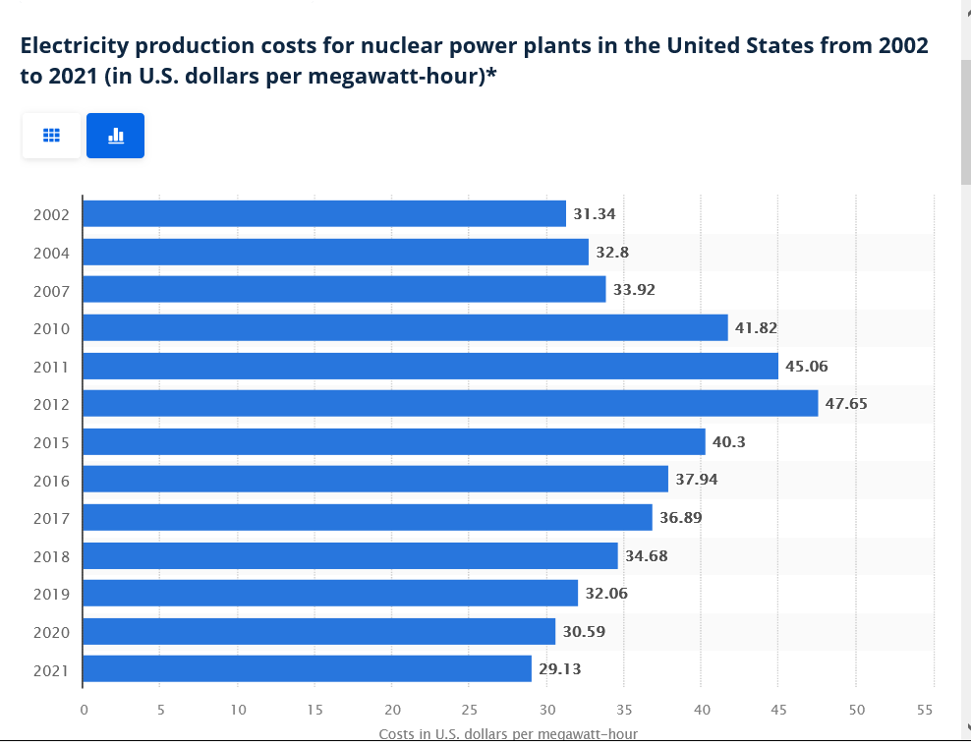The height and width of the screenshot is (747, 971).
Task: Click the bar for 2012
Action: [x=450, y=403]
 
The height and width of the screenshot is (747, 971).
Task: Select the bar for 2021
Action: [x=307, y=669]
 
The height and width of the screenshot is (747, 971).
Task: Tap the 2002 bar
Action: [x=324, y=213]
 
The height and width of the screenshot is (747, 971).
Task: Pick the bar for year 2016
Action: [x=375, y=479]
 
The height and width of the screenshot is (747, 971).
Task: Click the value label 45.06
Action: [x=807, y=366]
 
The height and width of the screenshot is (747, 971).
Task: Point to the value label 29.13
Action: [x=560, y=669]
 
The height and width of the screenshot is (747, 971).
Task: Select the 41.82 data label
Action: [x=757, y=327]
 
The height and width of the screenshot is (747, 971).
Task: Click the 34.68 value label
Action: [x=647, y=555]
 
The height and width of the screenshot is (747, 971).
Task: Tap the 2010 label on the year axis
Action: [x=50, y=328]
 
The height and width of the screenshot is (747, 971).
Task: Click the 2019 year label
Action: [x=50, y=594]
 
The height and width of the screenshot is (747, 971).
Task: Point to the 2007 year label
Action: [x=50, y=290]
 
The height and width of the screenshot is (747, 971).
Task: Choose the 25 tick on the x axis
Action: [x=470, y=709]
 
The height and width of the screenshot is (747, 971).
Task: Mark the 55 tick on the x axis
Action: [x=924, y=709]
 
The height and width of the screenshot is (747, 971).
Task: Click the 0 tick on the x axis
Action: [x=84, y=709]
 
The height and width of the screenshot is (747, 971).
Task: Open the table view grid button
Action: [x=51, y=136]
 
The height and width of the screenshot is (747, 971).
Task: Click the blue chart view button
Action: [x=115, y=136]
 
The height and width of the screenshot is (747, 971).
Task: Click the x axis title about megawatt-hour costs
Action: [x=508, y=734]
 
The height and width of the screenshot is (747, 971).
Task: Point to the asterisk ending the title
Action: [x=490, y=75]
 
